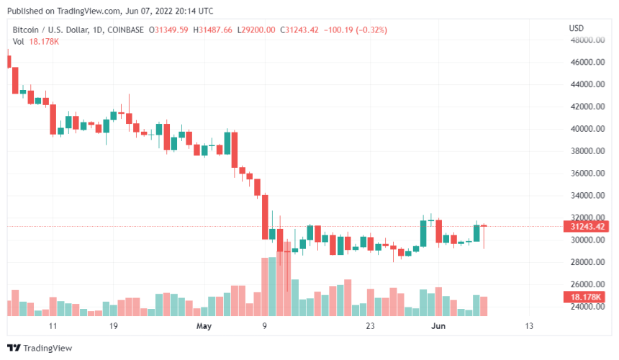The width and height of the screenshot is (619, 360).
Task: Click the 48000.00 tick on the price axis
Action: tap(587, 40)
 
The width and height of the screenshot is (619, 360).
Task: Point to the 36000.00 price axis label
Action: tap(587, 174)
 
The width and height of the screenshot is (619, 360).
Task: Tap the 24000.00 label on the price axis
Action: tap(587, 307)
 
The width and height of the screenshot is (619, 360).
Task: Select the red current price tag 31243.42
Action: tap(586, 227)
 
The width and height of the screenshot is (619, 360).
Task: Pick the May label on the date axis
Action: tap(204, 326)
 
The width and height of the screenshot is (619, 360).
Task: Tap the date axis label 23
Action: tap(371, 326)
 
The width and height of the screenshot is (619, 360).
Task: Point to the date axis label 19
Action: tap(113, 326)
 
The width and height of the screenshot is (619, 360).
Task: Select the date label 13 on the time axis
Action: tap(529, 326)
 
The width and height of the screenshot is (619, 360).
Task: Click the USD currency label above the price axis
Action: tap(576, 28)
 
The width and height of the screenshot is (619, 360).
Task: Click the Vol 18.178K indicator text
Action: tap(35, 42)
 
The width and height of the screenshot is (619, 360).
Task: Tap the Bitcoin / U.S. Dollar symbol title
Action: tap(50, 30)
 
